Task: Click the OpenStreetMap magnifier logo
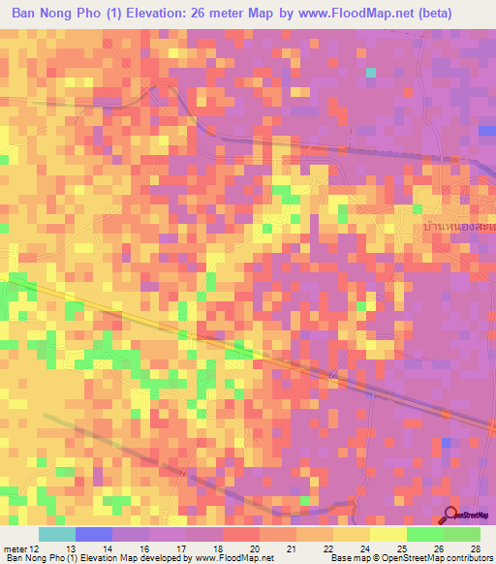pos(450,516)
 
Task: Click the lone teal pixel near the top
pos(370,72)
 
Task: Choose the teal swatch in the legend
pos(56,534)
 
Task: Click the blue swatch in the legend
pos(94,534)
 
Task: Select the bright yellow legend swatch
pos(387,534)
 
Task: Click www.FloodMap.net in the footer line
pos(235,558)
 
